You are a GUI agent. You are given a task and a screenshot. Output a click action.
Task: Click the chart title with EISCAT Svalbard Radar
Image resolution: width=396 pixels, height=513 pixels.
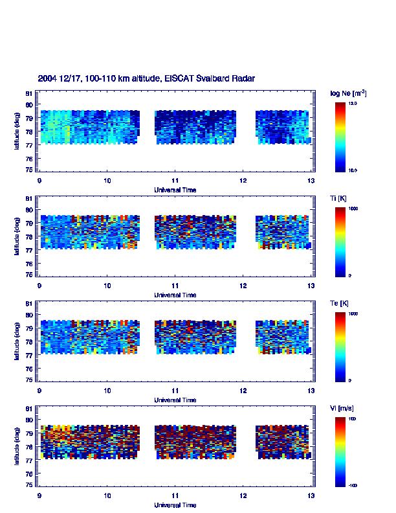click(x=146, y=78)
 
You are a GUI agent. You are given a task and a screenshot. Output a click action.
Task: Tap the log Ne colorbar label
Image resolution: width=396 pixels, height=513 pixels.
click(x=349, y=93)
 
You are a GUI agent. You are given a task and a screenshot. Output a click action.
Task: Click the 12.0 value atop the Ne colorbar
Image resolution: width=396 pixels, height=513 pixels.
click(x=353, y=104)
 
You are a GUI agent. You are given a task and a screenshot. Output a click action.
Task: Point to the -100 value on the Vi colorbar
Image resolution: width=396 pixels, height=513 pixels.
click(x=353, y=485)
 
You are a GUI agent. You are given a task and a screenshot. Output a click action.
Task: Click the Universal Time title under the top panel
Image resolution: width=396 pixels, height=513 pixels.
click(x=175, y=190)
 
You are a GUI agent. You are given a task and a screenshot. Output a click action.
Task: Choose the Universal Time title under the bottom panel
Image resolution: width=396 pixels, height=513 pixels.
click(x=175, y=505)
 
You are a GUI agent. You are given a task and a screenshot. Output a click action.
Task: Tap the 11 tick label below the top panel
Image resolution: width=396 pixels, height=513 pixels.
click(x=175, y=181)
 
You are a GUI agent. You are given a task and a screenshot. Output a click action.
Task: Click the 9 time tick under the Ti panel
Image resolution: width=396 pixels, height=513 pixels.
click(x=39, y=286)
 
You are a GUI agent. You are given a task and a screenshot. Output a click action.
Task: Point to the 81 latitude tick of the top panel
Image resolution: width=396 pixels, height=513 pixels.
click(x=29, y=93)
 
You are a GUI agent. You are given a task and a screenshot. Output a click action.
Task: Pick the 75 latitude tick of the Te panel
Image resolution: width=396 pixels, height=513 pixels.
click(x=29, y=380)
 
